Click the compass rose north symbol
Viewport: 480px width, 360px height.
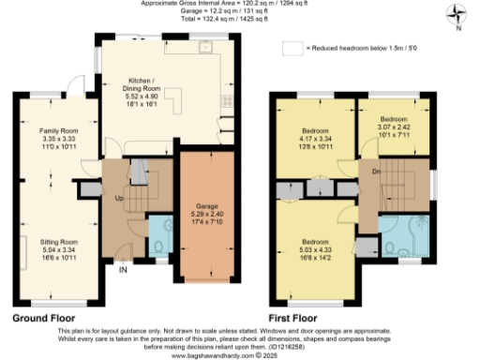(x=457, y=13)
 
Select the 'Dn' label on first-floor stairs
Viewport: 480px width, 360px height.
(x=376, y=172)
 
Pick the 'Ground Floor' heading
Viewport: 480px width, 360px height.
(x=44, y=318)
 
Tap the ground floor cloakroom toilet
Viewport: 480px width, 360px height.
(x=159, y=246)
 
